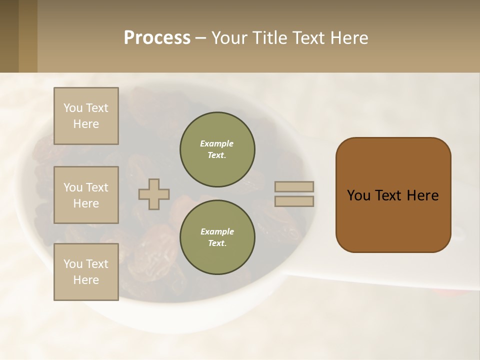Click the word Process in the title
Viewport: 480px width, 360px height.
tap(157, 38)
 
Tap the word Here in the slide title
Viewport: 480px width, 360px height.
tap(349, 38)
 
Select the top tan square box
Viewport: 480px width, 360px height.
tap(86, 116)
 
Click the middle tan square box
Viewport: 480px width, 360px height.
tap(86, 195)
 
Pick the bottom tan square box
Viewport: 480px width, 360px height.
tap(86, 271)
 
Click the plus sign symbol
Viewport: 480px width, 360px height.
tap(154, 194)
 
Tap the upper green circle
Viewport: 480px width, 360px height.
tap(217, 149)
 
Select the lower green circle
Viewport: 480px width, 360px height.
tap(217, 237)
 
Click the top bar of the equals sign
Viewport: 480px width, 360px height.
tap(294, 187)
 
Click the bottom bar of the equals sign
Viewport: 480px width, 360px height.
tap(294, 201)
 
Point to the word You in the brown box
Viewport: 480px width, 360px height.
tap(358, 195)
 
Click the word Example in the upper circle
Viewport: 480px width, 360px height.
tap(217, 143)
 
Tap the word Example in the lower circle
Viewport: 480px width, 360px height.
tap(217, 231)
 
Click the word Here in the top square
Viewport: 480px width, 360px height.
tap(86, 124)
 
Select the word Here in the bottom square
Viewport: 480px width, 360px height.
tap(86, 280)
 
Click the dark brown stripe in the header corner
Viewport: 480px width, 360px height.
tap(9, 36)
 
